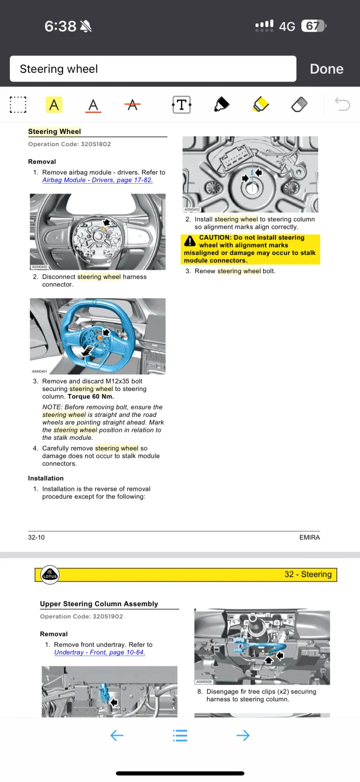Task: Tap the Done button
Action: click(x=326, y=69)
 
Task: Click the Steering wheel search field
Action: click(x=153, y=69)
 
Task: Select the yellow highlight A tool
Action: click(x=54, y=105)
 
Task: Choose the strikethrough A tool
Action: click(x=132, y=105)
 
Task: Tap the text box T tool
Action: click(x=182, y=105)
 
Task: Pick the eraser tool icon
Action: click(x=299, y=105)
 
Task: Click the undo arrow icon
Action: click(x=342, y=105)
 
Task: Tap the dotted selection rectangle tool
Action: click(x=18, y=105)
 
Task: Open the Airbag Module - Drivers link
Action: click(x=97, y=180)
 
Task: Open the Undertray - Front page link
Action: click(x=100, y=652)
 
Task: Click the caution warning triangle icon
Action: click(x=190, y=241)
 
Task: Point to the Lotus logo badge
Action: click(x=50, y=575)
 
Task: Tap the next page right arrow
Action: click(x=243, y=736)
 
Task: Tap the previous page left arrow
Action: click(x=117, y=736)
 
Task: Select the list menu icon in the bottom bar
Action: click(x=180, y=736)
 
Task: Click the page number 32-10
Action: click(x=36, y=537)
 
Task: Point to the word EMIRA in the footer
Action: click(x=309, y=537)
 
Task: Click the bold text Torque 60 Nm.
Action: click(x=91, y=396)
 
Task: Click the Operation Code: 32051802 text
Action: click(x=69, y=144)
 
